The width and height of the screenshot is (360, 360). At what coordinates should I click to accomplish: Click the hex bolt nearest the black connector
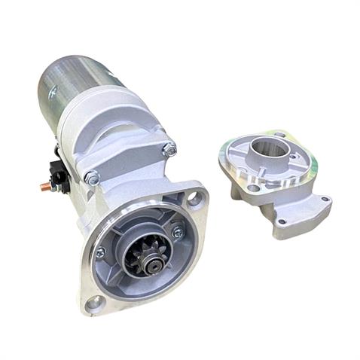click(92, 178)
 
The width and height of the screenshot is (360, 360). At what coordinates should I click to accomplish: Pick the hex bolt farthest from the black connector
click(169, 148)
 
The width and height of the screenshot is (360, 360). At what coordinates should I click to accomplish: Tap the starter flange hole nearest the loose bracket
click(194, 200)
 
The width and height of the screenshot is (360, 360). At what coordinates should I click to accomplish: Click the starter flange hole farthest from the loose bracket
click(95, 304)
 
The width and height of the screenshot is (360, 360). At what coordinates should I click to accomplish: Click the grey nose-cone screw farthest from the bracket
click(100, 253)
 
